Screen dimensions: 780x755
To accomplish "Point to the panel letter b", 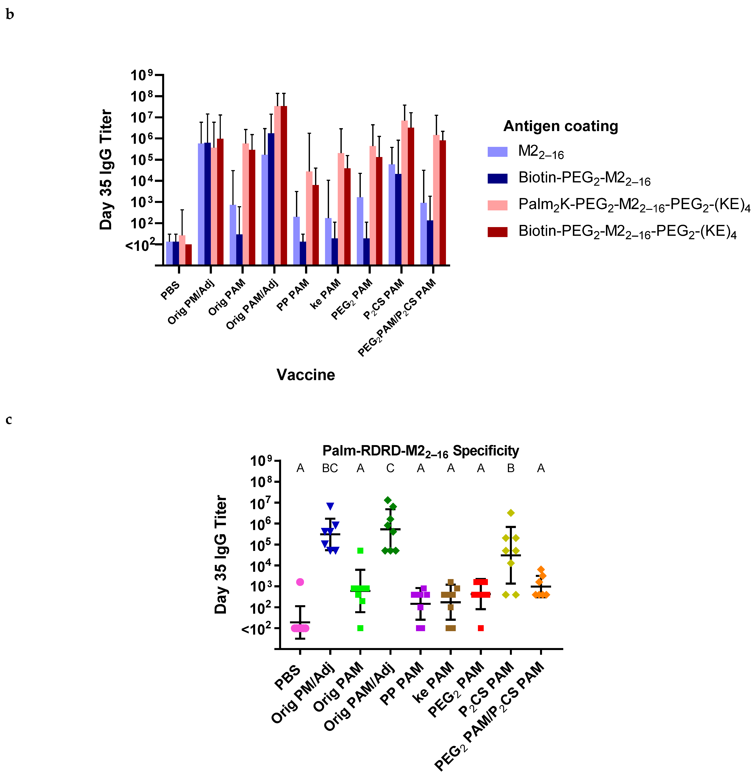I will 10,15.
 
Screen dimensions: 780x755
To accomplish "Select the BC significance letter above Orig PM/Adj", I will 330,468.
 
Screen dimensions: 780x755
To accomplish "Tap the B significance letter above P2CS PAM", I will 511,468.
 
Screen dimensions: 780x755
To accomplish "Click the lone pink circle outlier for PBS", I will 300,582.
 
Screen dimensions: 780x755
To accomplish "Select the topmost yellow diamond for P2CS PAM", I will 511,513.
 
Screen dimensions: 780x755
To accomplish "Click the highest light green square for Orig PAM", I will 360,551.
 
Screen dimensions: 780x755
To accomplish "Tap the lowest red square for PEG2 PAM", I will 481,628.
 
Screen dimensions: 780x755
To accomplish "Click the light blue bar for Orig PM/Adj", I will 201,204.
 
